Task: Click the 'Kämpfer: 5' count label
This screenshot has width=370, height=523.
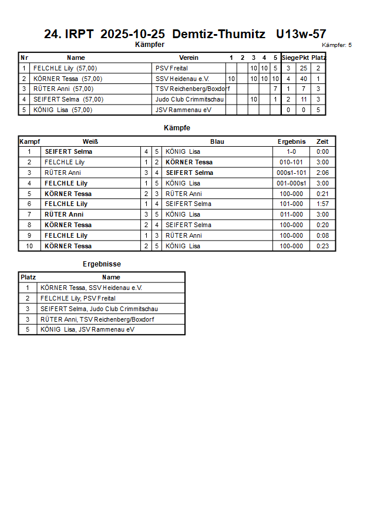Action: pos(337,45)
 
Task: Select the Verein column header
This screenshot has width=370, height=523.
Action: pos(189,58)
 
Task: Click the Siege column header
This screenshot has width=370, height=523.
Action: pos(290,58)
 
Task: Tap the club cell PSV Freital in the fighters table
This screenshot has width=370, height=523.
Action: pos(171,68)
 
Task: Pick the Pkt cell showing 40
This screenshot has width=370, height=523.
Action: pos(304,79)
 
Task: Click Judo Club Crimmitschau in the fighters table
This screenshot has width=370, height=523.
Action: pos(190,99)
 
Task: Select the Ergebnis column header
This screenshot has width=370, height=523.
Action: pos(291,141)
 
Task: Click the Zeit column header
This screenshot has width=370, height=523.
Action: pos(322,141)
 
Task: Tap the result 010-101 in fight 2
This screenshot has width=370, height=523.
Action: pos(291,162)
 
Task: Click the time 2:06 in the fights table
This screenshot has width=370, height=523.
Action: pos(322,173)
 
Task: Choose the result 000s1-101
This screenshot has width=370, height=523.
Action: pos(291,173)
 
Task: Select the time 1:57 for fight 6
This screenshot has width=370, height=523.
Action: pos(322,204)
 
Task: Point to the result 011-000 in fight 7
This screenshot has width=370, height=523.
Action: pos(291,214)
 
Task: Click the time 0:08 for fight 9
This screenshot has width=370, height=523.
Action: pos(322,235)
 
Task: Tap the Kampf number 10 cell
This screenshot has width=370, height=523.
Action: pos(29,246)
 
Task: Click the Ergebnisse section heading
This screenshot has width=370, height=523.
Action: pos(102,264)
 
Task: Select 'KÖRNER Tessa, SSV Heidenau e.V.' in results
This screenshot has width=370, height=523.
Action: pos(91,288)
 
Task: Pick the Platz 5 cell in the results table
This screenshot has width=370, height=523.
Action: pos(27,329)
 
